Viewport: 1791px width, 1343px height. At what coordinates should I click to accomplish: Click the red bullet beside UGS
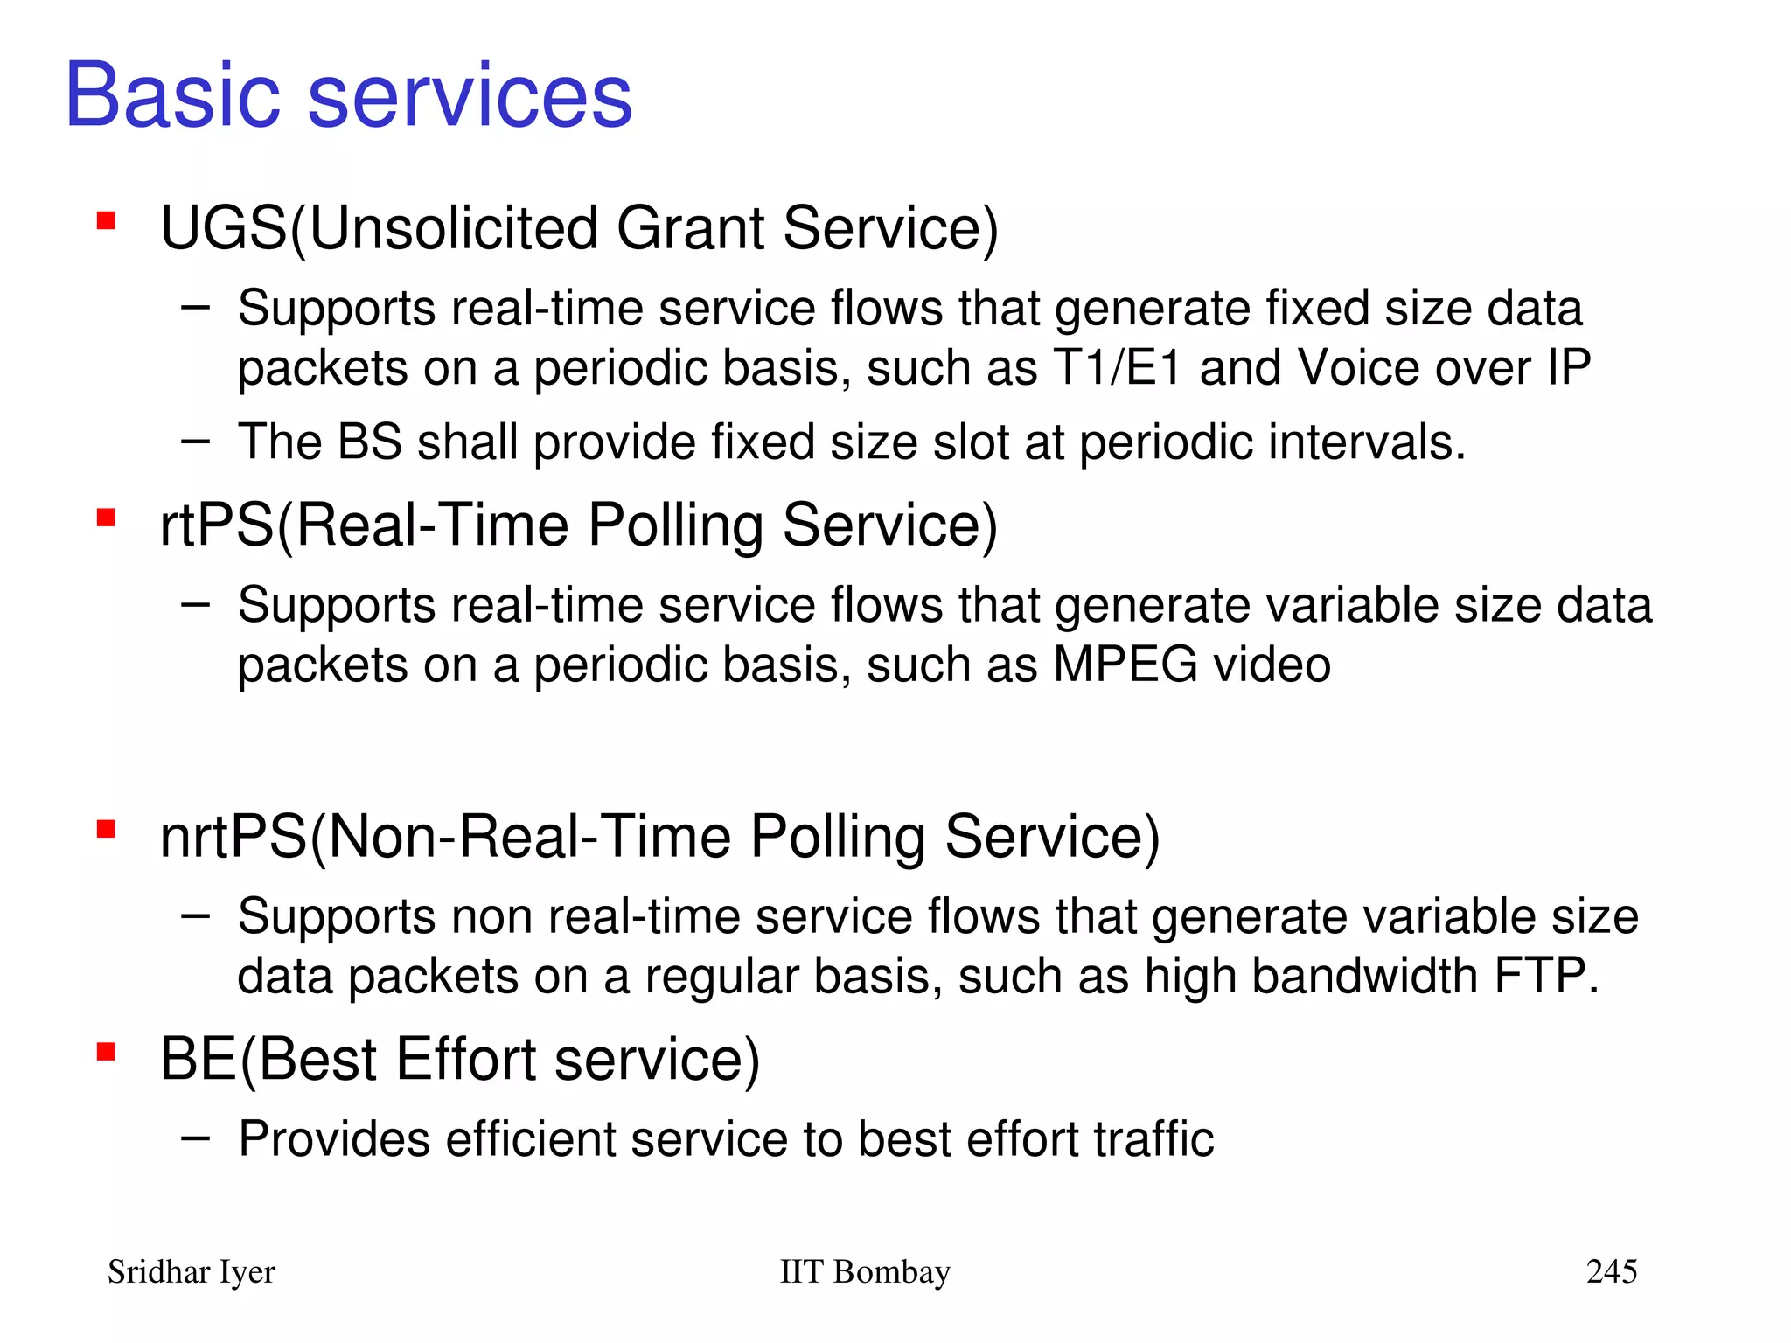(107, 220)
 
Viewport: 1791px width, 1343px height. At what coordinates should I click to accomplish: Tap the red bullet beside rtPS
(107, 518)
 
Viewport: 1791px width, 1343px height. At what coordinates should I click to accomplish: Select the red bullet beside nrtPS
(107, 829)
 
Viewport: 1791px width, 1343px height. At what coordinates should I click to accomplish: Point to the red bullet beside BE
(107, 1052)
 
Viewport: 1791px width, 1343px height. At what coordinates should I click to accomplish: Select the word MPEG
(1125, 665)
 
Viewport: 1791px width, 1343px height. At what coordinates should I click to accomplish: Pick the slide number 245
(1611, 1271)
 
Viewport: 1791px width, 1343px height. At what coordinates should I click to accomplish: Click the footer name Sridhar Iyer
(191, 1272)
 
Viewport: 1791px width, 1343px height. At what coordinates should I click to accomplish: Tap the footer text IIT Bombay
(864, 1272)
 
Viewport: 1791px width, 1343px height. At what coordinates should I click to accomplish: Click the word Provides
(334, 1139)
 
